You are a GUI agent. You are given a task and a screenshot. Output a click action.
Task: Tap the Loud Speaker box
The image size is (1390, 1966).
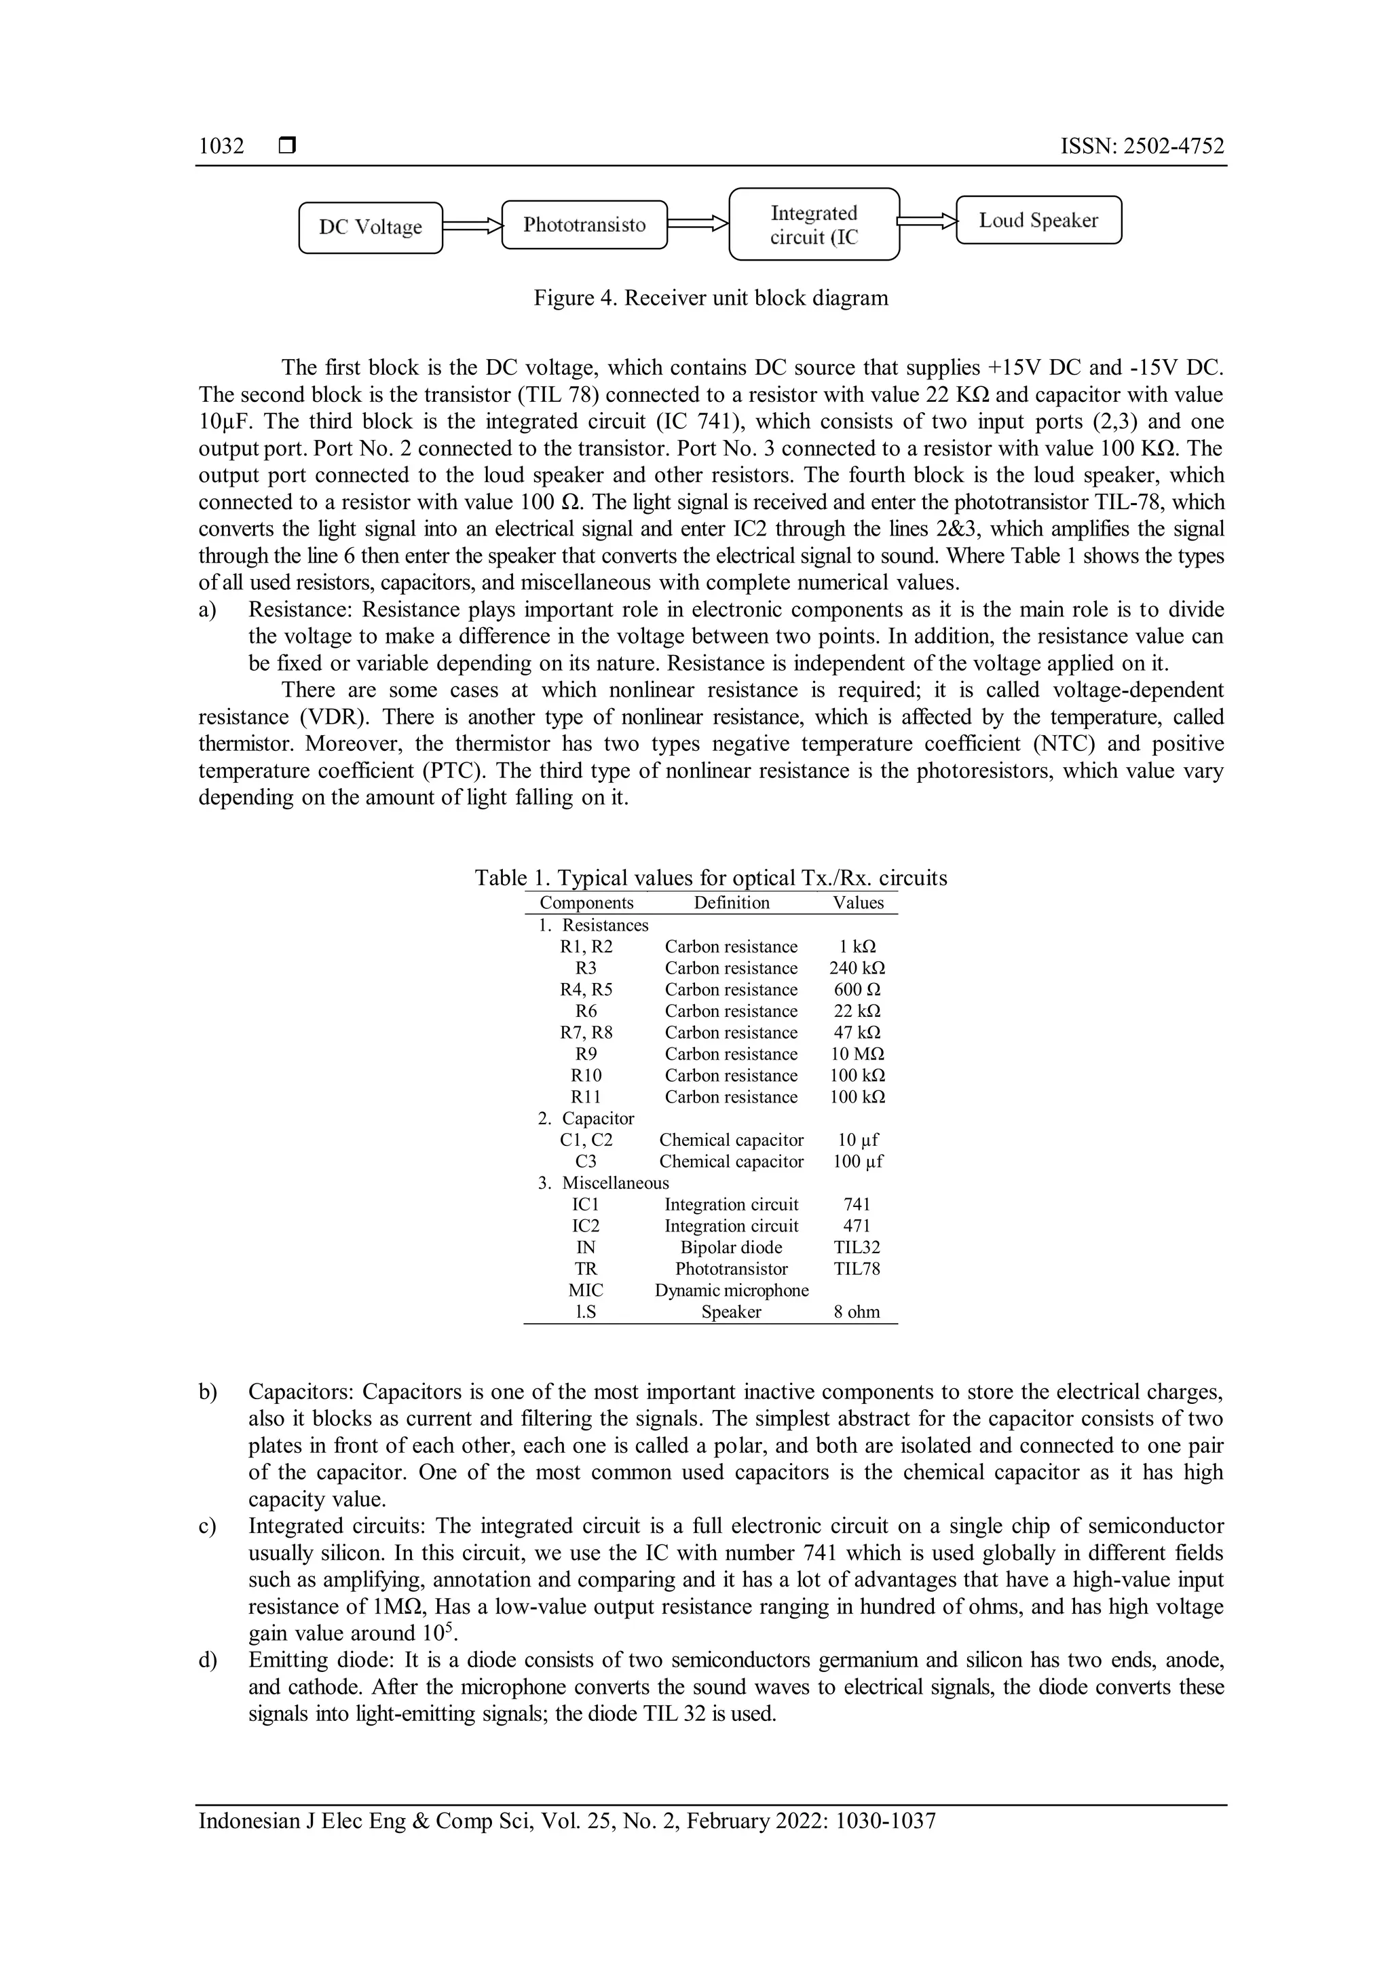(x=1038, y=221)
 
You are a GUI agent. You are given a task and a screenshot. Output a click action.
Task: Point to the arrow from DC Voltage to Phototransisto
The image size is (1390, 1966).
(x=472, y=226)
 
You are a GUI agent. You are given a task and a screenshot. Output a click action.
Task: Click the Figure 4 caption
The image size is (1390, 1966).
(x=711, y=298)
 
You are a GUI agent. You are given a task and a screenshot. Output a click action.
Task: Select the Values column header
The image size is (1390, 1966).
(x=858, y=902)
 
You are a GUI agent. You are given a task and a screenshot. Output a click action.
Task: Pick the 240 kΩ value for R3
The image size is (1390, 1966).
(x=857, y=969)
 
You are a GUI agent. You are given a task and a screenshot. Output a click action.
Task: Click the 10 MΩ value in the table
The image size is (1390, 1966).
(x=857, y=1054)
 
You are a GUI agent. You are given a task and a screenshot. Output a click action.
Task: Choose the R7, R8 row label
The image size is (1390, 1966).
(x=586, y=1033)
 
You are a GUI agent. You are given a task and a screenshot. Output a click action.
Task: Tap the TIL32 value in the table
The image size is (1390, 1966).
(x=857, y=1248)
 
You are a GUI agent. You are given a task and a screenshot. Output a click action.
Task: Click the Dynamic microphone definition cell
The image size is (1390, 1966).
(x=731, y=1291)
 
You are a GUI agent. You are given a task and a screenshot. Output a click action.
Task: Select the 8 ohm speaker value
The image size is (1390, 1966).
(x=857, y=1312)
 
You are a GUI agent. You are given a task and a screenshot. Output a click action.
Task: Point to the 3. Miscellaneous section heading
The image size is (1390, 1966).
(x=603, y=1183)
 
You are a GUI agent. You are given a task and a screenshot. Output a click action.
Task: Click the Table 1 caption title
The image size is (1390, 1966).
(x=711, y=878)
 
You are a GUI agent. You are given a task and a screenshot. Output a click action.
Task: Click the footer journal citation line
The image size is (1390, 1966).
(x=567, y=1821)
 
